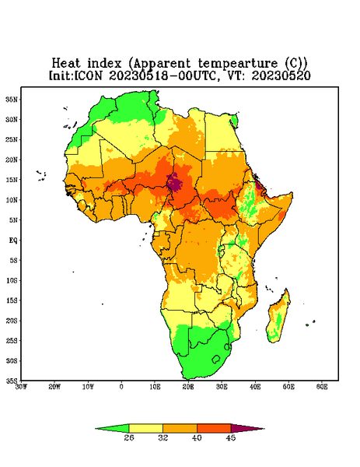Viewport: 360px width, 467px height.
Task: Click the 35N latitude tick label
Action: tap(12, 100)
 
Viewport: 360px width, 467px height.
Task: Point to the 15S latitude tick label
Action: tap(12, 300)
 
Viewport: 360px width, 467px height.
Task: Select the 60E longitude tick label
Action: tap(322, 387)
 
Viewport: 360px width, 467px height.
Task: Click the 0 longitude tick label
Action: tap(121, 387)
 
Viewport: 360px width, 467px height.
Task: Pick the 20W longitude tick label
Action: tap(54, 387)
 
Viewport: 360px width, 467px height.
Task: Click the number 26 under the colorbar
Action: tap(129, 437)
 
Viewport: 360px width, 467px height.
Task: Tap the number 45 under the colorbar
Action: tap(231, 437)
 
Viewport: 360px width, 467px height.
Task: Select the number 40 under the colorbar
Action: tap(197, 437)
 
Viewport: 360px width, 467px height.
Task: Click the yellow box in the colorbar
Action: tap(145, 428)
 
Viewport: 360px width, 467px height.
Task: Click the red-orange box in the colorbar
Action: tap(214, 428)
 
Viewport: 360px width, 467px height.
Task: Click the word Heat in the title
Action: tap(66, 64)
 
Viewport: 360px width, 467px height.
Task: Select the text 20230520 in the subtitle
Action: tap(281, 75)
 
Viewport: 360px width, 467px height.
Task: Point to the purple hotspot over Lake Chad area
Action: tap(175, 182)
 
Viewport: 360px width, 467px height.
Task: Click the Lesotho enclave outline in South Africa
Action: tap(216, 359)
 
